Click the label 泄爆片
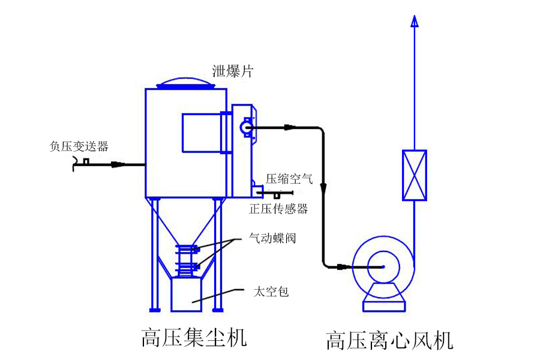[233, 72]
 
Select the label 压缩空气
[289, 178]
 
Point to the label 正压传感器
[278, 209]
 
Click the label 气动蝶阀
[272, 239]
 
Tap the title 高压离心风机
[389, 340]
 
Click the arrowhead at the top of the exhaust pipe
[414, 21]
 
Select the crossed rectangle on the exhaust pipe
[414, 175]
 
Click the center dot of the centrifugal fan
[383, 266]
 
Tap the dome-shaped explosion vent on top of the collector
[186, 83]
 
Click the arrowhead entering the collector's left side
[119, 164]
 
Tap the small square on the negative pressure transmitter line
[86, 161]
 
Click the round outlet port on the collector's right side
[245, 127]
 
